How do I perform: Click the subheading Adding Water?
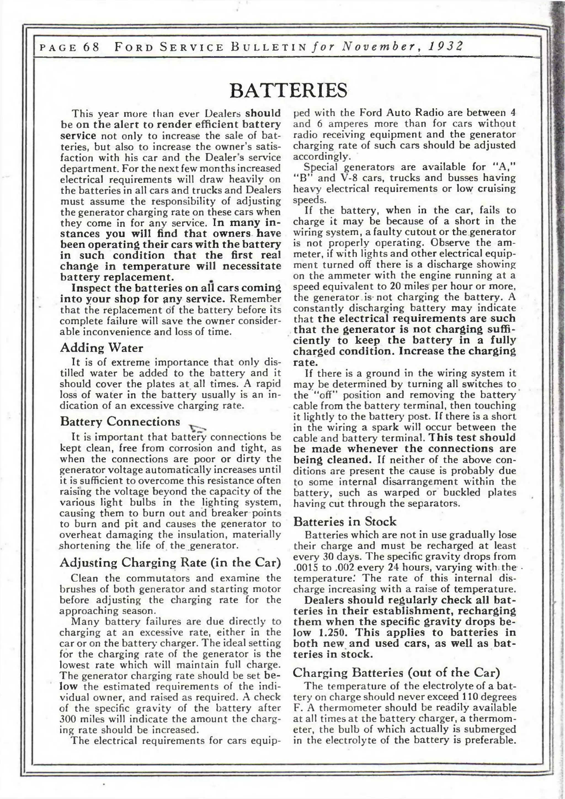tap(101, 348)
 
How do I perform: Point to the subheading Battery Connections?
tap(120, 421)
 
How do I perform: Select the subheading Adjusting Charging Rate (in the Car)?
tap(170, 562)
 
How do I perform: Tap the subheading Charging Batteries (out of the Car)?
tap(396, 672)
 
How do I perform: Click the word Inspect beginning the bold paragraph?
tap(91, 288)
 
